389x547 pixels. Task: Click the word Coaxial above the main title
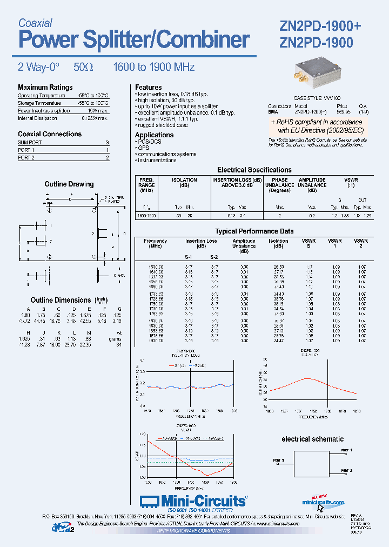pos(35,23)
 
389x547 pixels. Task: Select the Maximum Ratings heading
pos(45,87)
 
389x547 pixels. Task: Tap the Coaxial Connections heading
pos(50,134)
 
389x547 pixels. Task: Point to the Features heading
pos(148,87)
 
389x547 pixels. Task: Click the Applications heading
pos(154,135)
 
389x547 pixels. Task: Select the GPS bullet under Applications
pos(143,148)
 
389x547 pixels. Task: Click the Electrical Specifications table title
pos(254,170)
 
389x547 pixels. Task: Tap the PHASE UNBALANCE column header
pos(279,185)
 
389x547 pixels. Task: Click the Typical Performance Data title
pos(254,231)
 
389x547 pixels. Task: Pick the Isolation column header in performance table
pos(278,241)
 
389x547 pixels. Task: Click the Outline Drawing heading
pos(69,184)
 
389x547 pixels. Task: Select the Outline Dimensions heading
pos(61,300)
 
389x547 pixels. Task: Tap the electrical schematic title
pos(312,439)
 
